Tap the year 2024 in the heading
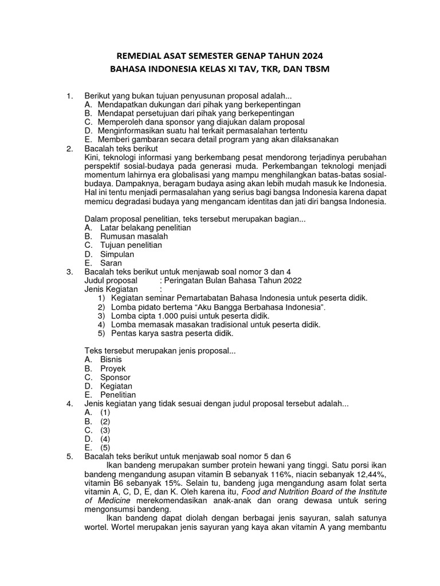click(310, 56)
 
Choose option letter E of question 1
click(88, 139)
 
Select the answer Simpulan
click(117, 254)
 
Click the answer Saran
click(111, 263)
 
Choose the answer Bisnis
click(111, 360)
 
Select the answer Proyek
click(113, 369)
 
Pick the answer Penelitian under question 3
click(118, 395)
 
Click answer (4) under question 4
click(105, 439)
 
